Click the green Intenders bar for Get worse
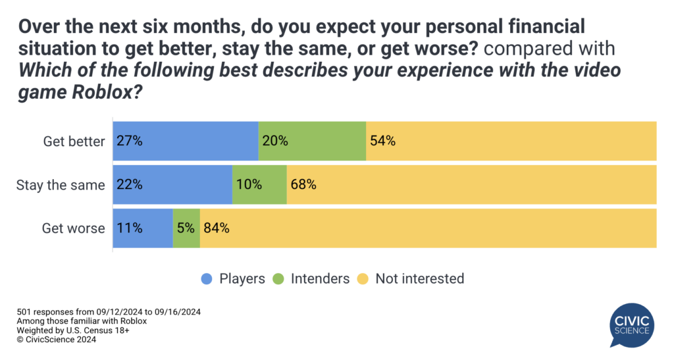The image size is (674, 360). [186, 228]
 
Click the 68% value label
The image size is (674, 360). [303, 185]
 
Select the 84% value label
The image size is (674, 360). [216, 228]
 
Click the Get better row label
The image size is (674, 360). [74, 141]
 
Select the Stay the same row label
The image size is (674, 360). [61, 185]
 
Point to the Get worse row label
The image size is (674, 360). [73, 228]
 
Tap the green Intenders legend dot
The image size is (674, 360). [277, 278]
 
